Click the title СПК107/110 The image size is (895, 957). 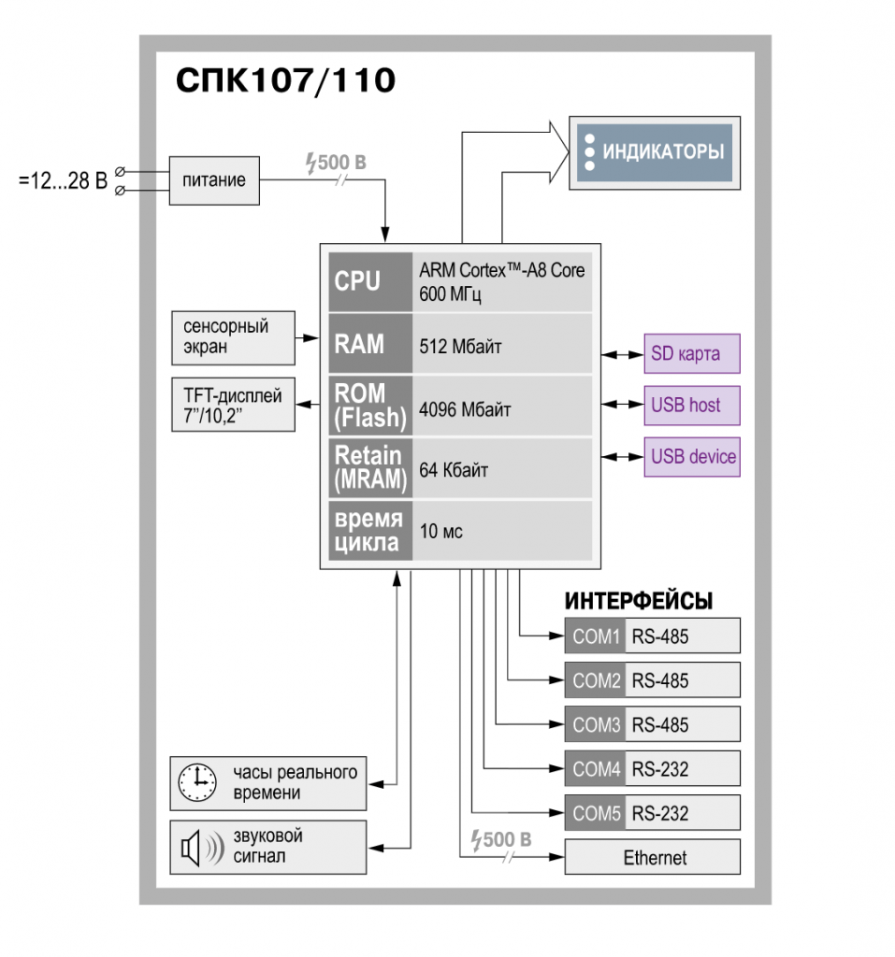click(286, 80)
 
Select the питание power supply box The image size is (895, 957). click(214, 180)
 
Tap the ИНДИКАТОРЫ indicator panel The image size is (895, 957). click(655, 152)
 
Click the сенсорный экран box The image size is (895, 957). click(234, 338)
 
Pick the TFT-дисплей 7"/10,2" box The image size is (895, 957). click(234, 405)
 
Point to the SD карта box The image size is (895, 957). click(692, 353)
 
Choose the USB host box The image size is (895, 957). click(692, 406)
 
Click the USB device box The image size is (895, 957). click(692, 456)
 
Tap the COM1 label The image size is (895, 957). click(596, 636)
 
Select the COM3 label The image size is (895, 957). click(596, 724)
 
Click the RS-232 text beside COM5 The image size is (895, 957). click(660, 813)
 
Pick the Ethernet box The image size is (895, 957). click(653, 857)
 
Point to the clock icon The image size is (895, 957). click(196, 782)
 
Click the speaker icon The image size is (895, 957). click(202, 848)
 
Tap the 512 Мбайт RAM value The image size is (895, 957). click(460, 347)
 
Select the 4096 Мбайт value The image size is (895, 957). click(464, 409)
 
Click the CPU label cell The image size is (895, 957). click(370, 282)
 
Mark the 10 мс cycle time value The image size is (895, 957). click(440, 531)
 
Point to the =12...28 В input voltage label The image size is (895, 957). click(63, 180)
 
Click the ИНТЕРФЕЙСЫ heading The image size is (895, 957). click(639, 601)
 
